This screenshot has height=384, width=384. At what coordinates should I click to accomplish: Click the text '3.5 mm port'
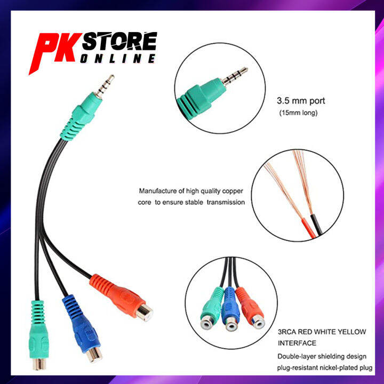point(300,100)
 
